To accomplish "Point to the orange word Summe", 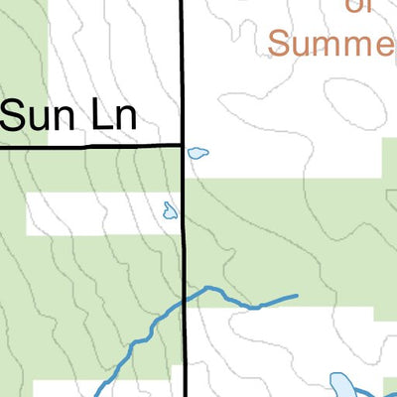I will tap(331, 43).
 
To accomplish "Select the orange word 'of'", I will tap(360, 8).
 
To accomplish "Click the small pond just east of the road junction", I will tap(198, 153).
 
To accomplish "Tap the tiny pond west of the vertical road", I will tap(170, 209).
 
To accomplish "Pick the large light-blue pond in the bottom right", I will tap(343, 385).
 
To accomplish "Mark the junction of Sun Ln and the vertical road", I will tap(183, 145).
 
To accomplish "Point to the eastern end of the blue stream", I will tap(295, 296).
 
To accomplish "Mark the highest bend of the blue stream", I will tap(208, 288).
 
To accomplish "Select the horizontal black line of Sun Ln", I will tap(89, 146).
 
